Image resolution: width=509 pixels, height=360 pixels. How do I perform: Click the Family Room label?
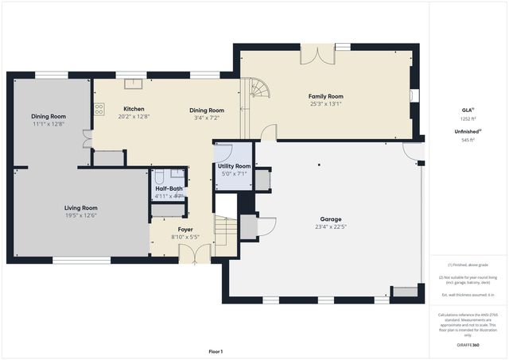(x=326, y=96)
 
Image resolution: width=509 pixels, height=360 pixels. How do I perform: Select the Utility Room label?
(x=234, y=166)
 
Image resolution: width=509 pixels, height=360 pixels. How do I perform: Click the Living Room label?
(x=81, y=207)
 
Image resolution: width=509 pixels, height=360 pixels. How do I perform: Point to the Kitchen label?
(x=134, y=109)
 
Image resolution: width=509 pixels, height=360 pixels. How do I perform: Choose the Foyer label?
(x=185, y=230)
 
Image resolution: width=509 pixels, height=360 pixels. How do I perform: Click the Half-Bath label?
(x=169, y=188)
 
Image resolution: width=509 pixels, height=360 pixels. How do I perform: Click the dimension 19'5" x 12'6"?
(x=81, y=215)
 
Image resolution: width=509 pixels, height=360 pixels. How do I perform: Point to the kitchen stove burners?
(x=99, y=110)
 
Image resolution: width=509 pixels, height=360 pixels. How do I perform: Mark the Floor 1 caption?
(x=216, y=351)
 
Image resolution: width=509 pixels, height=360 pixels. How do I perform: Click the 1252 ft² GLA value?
(x=467, y=118)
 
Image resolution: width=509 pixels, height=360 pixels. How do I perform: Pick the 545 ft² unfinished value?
(x=467, y=139)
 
